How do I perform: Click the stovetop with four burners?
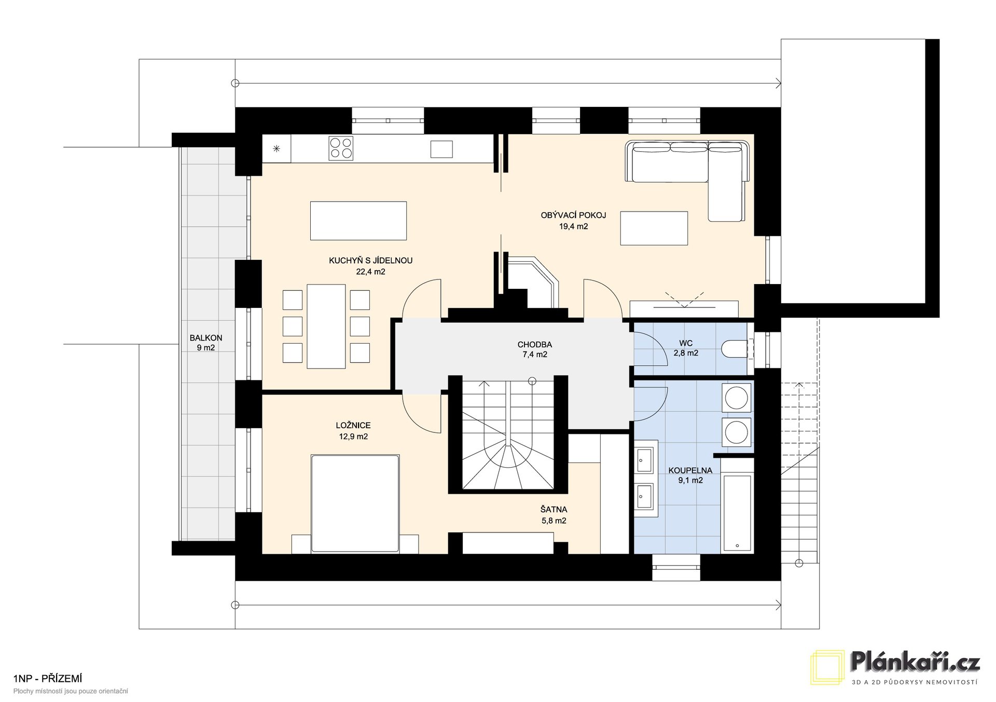pyautogui.click(x=341, y=148)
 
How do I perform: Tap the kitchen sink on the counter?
pyautogui.click(x=441, y=149)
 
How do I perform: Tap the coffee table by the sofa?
pyautogui.click(x=654, y=228)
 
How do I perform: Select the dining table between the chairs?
pyautogui.click(x=326, y=326)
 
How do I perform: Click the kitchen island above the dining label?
pyautogui.click(x=358, y=221)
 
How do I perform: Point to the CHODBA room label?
pyautogui.click(x=534, y=344)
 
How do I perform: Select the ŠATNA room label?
pyautogui.click(x=554, y=510)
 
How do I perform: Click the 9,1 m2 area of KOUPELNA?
pyautogui.click(x=690, y=480)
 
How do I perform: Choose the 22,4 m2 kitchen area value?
pyautogui.click(x=370, y=271)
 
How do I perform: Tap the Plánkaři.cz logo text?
pyautogui.click(x=916, y=662)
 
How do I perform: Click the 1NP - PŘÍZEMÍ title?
pyautogui.click(x=48, y=679)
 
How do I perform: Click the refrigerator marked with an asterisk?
pyautogui.click(x=276, y=149)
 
